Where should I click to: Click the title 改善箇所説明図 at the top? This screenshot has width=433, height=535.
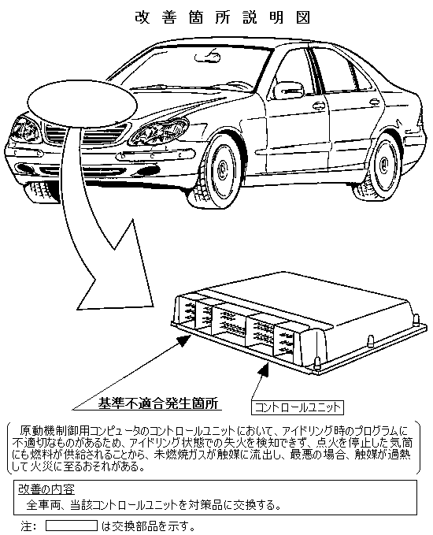(222, 17)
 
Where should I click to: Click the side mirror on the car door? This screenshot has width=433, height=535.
(288, 90)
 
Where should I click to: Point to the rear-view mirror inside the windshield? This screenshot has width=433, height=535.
(207, 56)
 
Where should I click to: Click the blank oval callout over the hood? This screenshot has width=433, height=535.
(82, 104)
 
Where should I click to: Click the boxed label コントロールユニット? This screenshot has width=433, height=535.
(298, 407)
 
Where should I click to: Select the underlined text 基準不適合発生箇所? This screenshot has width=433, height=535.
(158, 403)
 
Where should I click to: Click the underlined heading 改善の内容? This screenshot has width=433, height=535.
(46, 489)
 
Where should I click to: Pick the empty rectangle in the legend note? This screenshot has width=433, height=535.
(72, 526)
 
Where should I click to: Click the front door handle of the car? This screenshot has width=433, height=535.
(319, 106)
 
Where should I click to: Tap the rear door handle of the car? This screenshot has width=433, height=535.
(374, 102)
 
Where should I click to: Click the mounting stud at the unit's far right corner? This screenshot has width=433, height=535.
(416, 320)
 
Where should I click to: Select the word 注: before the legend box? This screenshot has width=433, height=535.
(28, 526)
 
